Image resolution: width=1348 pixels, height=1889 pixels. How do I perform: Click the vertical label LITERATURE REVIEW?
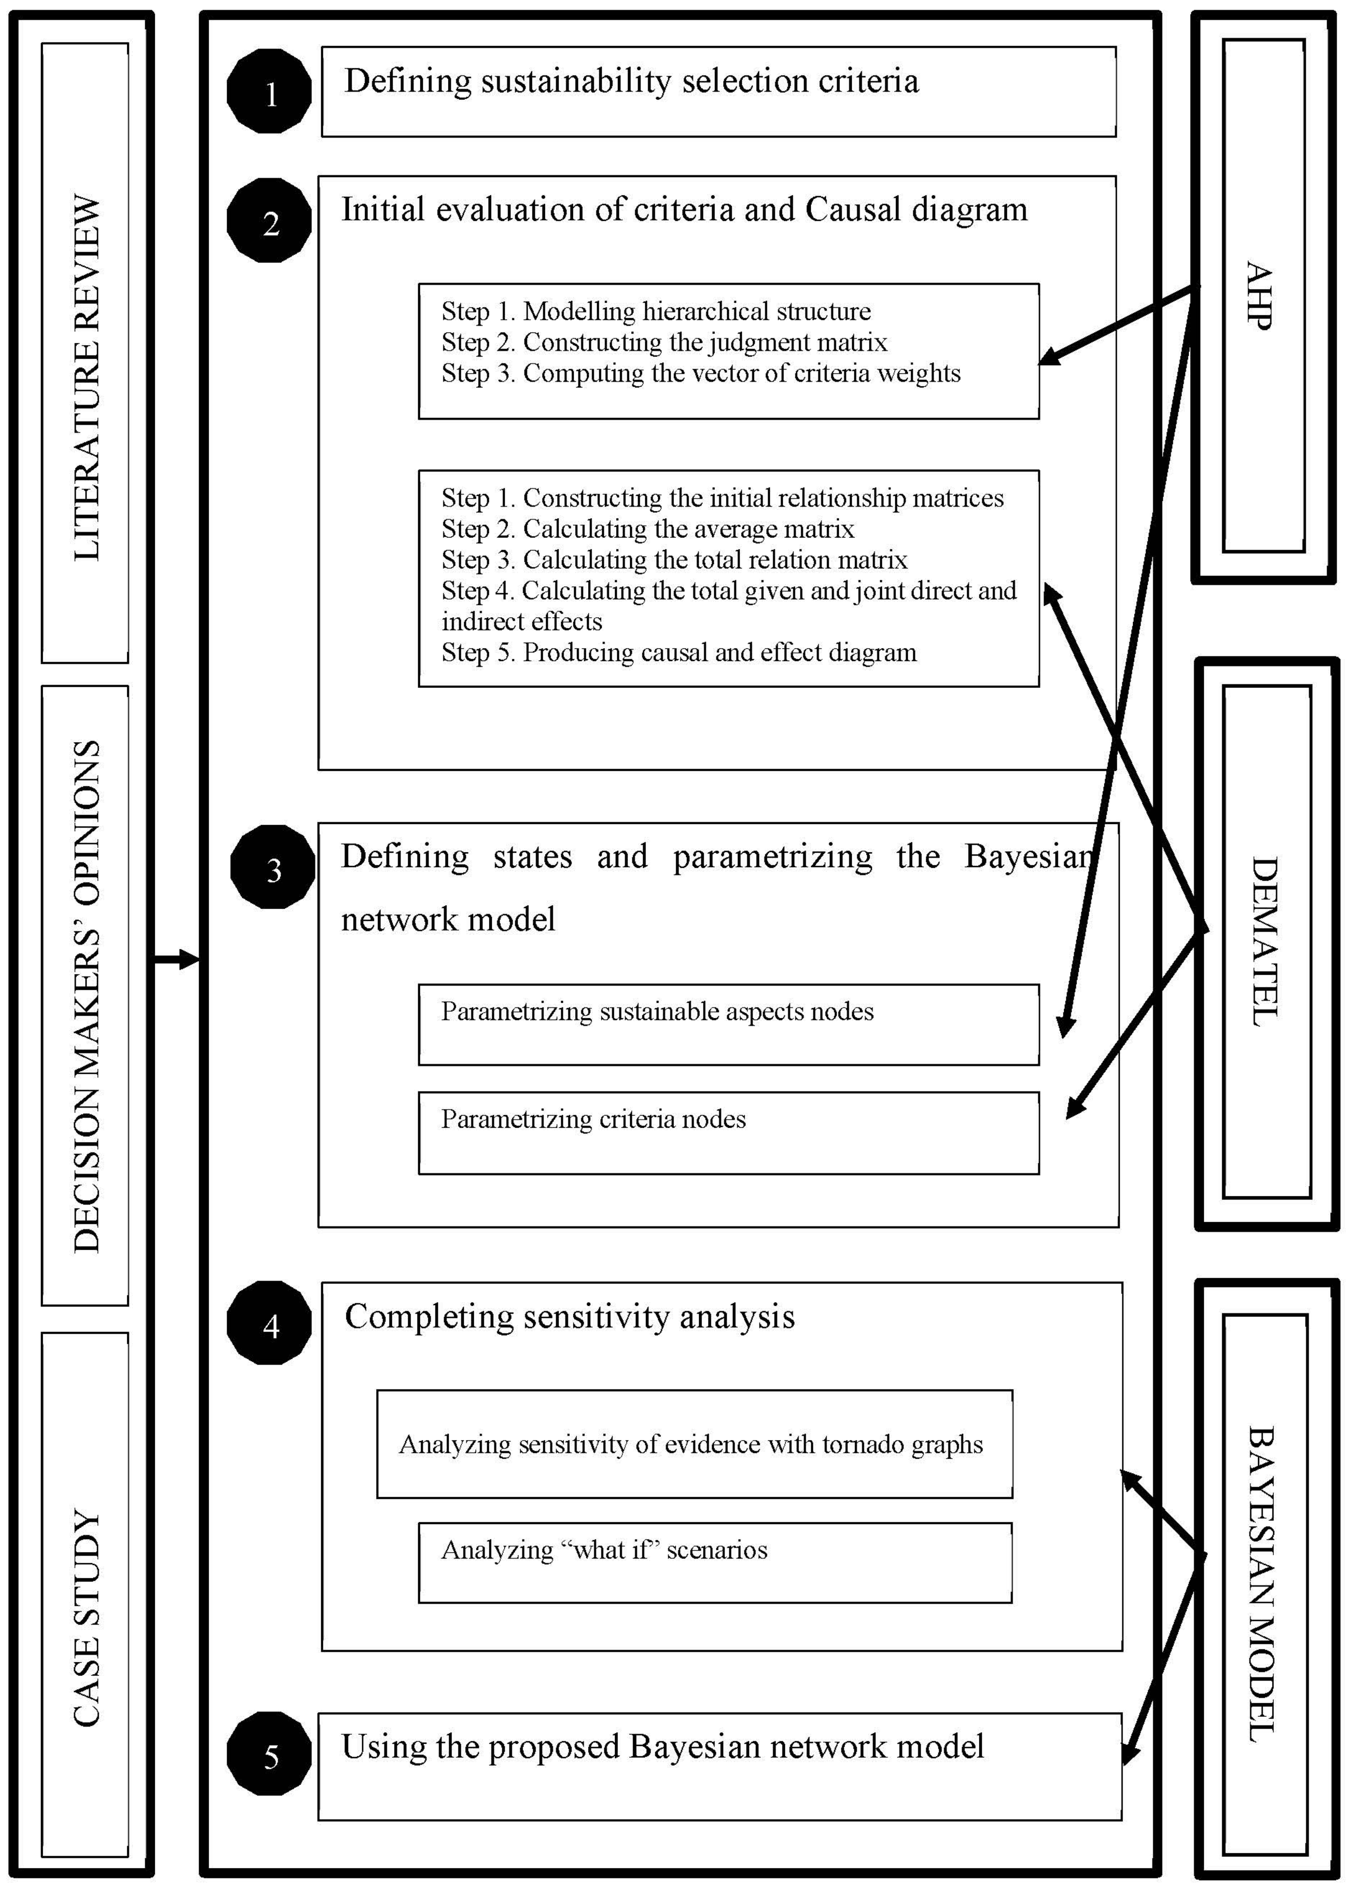(x=86, y=378)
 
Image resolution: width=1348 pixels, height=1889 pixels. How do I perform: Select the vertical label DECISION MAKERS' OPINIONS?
(x=86, y=996)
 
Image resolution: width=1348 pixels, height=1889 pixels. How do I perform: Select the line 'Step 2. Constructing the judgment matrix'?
(x=664, y=342)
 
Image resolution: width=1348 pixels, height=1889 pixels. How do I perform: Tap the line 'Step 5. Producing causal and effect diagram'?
(x=678, y=653)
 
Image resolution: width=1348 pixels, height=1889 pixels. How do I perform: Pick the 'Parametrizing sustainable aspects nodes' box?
(x=728, y=1024)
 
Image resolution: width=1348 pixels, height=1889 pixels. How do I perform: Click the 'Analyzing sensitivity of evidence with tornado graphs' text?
(x=691, y=1444)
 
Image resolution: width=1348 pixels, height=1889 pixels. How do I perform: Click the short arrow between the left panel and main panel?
(x=177, y=960)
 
